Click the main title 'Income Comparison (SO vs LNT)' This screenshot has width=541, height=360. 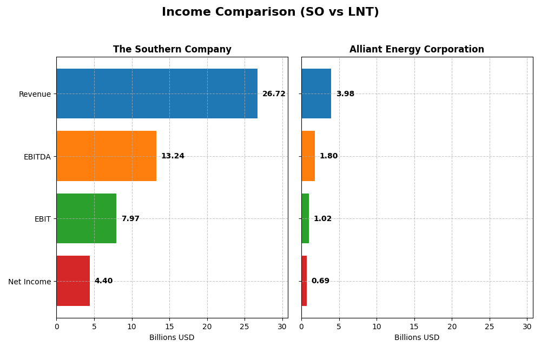pyautogui.click(x=270, y=12)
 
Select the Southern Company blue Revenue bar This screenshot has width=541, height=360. pyautogui.click(x=157, y=94)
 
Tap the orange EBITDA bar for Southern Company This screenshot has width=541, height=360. pyautogui.click(x=106, y=156)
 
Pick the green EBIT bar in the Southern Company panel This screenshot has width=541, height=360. pyautogui.click(x=86, y=218)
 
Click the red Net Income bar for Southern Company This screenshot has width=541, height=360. pyautogui.click(x=73, y=281)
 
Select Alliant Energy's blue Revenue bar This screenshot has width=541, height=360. pyautogui.click(x=316, y=94)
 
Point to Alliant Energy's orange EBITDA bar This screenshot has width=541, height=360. pyautogui.click(x=308, y=156)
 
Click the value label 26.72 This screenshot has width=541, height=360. pyautogui.click(x=274, y=94)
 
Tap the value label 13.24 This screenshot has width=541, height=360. pyautogui.click(x=173, y=156)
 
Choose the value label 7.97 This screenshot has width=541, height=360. pyautogui.click(x=130, y=219)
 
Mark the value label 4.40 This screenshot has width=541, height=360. pyautogui.click(x=103, y=281)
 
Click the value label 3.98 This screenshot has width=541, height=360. pyautogui.click(x=345, y=94)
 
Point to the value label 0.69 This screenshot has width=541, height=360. pyautogui.click(x=320, y=281)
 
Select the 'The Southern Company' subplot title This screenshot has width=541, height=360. pyautogui.click(x=172, y=50)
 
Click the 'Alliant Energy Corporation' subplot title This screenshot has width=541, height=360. pyautogui.click(x=417, y=50)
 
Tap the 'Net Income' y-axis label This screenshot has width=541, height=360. pyautogui.click(x=30, y=282)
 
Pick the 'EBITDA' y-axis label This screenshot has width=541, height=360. pyautogui.click(x=37, y=157)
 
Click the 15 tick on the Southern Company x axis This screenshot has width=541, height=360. pyautogui.click(x=169, y=326)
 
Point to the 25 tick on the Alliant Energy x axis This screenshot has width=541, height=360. pyautogui.click(x=490, y=326)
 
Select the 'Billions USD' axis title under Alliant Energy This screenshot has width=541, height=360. pyautogui.click(x=417, y=338)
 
